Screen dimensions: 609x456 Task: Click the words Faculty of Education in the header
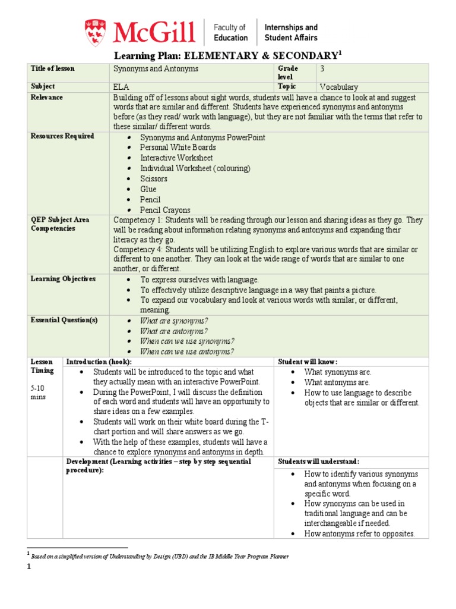pyautogui.click(x=230, y=32)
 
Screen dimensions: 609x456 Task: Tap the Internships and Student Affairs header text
pyautogui.click(x=290, y=32)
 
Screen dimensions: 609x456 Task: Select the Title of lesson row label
pyautogui.click(x=53, y=68)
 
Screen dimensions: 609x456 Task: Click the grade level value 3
pyautogui.click(x=321, y=68)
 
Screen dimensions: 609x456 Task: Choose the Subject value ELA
pyautogui.click(x=121, y=87)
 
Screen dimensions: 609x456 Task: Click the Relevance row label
pyautogui.click(x=47, y=98)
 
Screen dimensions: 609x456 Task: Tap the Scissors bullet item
pyautogui.click(x=154, y=178)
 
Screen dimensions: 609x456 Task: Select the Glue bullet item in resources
pyautogui.click(x=148, y=189)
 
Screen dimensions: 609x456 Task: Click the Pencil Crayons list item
pyautogui.click(x=165, y=210)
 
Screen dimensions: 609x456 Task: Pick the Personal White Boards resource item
pyautogui.click(x=178, y=147)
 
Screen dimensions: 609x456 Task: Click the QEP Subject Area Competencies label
pyautogui.click(x=60, y=224)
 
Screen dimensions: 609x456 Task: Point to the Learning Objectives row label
pyautogui.click(x=63, y=279)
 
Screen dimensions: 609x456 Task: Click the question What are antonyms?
pyautogui.click(x=173, y=331)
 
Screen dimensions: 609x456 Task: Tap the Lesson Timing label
pyautogui.click(x=42, y=366)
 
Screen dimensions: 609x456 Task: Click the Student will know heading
pyautogui.click(x=308, y=362)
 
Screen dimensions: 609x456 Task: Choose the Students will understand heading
pyautogui.click(x=317, y=462)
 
